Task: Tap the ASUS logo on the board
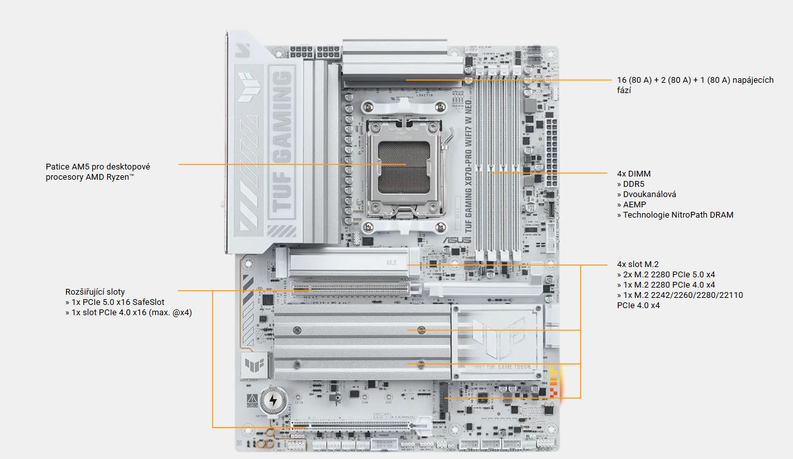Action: (456, 241)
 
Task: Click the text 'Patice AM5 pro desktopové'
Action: (98, 166)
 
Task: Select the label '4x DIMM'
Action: (634, 173)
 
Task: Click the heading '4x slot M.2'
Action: (638, 264)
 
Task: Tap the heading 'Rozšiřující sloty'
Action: (95, 291)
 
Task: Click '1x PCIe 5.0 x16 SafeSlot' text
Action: (118, 302)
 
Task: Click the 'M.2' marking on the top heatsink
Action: (392, 263)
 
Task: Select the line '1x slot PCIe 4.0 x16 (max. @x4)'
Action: (128, 312)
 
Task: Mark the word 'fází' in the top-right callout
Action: (624, 91)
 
